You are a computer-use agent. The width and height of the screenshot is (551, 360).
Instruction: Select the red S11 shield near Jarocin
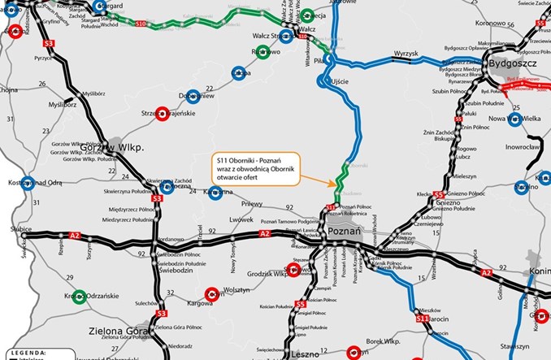422,319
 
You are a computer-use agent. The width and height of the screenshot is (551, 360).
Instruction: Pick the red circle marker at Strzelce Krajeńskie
162,113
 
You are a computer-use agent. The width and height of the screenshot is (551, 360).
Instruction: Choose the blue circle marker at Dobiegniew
192,96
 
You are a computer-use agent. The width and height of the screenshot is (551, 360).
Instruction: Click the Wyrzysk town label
405,53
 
